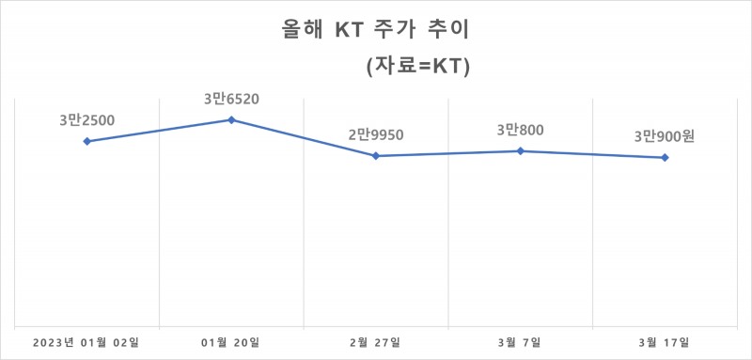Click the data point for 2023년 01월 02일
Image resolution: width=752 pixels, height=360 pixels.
86,141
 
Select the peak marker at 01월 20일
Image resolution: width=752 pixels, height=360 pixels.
231,119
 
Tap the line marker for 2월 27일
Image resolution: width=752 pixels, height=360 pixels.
375,156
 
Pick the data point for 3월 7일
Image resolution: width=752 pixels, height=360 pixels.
520,150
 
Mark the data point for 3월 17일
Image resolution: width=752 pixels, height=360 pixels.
665,157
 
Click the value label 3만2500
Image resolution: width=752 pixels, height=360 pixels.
86,119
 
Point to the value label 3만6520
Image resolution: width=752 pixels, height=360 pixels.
231,98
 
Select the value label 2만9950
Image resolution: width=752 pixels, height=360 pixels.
375,134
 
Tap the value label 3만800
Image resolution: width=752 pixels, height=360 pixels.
520,130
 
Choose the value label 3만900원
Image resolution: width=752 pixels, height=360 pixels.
664,136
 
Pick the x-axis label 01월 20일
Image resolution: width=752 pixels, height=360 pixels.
231,340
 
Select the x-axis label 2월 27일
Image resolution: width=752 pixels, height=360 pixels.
376,340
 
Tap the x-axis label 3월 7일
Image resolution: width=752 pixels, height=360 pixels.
520,340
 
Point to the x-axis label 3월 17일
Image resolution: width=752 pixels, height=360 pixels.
664,340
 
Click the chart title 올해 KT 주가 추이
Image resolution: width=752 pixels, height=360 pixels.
375,30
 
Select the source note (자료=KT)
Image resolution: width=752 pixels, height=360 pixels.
416,68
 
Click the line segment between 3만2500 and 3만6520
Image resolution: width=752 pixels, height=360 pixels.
159,131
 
